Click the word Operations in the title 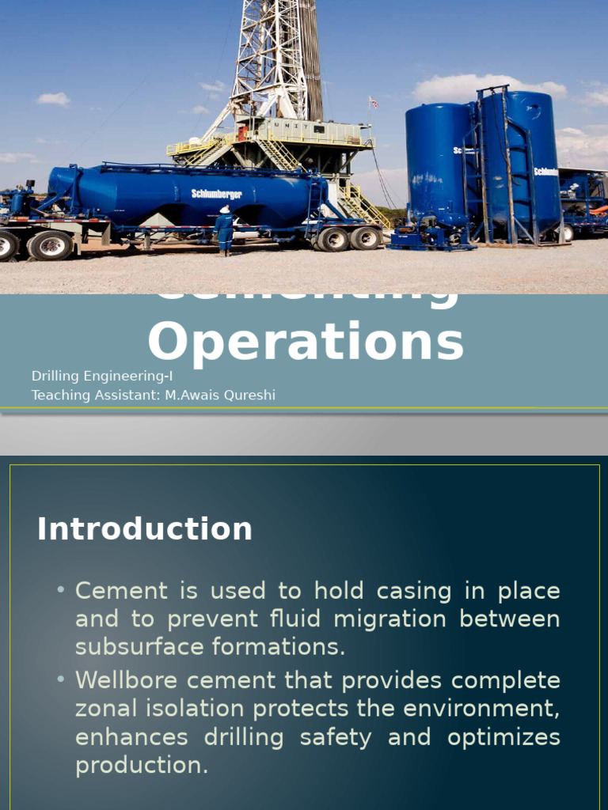(x=305, y=342)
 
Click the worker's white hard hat (x=225, y=210)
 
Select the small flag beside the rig (x=374, y=103)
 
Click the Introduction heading (x=144, y=529)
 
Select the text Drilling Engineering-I (x=101, y=376)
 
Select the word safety (x=336, y=737)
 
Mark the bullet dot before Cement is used (x=60, y=591)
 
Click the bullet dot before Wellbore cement (x=60, y=680)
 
